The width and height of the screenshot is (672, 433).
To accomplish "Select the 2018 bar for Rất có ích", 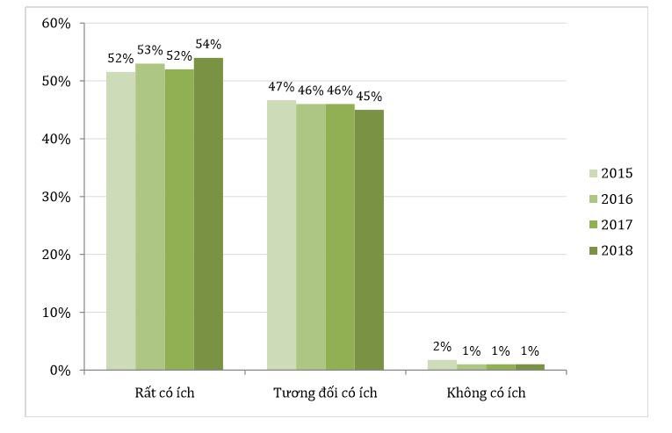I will point(208,214).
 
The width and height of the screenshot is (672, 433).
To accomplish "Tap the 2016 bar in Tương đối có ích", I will point(311,237).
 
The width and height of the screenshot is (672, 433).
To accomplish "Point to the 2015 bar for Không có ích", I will point(443,364).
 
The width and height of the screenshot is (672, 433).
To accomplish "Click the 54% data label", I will point(208,45).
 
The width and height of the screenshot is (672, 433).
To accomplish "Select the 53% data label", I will point(150,50).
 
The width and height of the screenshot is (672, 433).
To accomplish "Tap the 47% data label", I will point(282,87).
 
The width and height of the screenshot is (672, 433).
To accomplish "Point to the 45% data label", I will point(369,97).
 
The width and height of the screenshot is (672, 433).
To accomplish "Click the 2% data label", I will point(443,347).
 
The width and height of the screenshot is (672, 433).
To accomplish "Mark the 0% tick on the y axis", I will point(60,370).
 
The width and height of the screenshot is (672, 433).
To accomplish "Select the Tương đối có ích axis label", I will point(325,393).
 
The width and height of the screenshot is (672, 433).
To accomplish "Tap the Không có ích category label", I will point(486,393).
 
